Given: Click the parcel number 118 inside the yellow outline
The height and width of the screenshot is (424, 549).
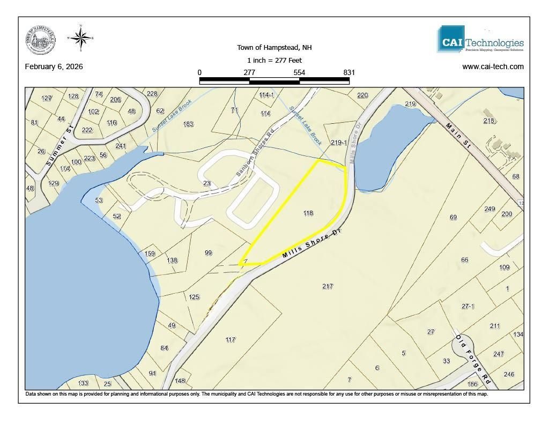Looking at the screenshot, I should pos(308,213).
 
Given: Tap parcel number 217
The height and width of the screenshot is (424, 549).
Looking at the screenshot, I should pos(328,286).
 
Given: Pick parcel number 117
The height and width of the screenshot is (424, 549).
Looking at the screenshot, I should pos(231,340).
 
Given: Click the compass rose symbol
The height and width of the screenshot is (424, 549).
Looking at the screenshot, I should pos(80,38).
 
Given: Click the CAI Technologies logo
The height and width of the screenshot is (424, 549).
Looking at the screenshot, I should pos(480,39).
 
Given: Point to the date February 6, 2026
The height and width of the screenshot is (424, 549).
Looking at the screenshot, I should pos(54,67).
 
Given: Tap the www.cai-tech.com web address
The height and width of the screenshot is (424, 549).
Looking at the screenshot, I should pos(493,67).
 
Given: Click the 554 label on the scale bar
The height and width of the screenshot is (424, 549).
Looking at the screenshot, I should pos(299,72).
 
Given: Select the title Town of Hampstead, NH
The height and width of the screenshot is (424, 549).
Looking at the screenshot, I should pos(274,48).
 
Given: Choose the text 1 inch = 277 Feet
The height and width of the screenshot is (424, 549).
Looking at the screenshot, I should pos(274,60).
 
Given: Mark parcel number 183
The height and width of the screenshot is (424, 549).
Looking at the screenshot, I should pos(188,124).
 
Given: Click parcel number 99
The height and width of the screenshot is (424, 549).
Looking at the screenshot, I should pos(209,252).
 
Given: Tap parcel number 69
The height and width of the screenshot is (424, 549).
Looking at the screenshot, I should pos(453,217).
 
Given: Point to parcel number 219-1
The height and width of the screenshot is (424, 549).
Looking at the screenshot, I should pos(339,143).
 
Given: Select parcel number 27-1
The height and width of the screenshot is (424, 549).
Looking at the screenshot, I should pos(468,306).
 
